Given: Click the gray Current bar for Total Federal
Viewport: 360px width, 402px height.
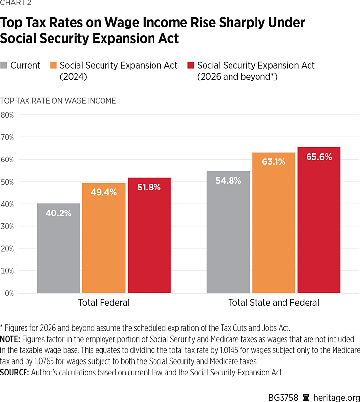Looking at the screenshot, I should point(59,248).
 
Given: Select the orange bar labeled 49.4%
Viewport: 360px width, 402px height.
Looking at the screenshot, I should point(103,238).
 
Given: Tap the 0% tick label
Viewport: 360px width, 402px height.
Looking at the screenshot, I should point(9,293).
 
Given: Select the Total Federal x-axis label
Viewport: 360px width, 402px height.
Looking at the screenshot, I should point(104,303).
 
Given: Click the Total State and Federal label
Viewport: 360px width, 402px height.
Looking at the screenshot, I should point(274,303).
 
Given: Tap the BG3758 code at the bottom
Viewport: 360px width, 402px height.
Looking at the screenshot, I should point(281,397).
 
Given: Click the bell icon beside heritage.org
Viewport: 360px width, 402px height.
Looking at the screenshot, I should point(306,397).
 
